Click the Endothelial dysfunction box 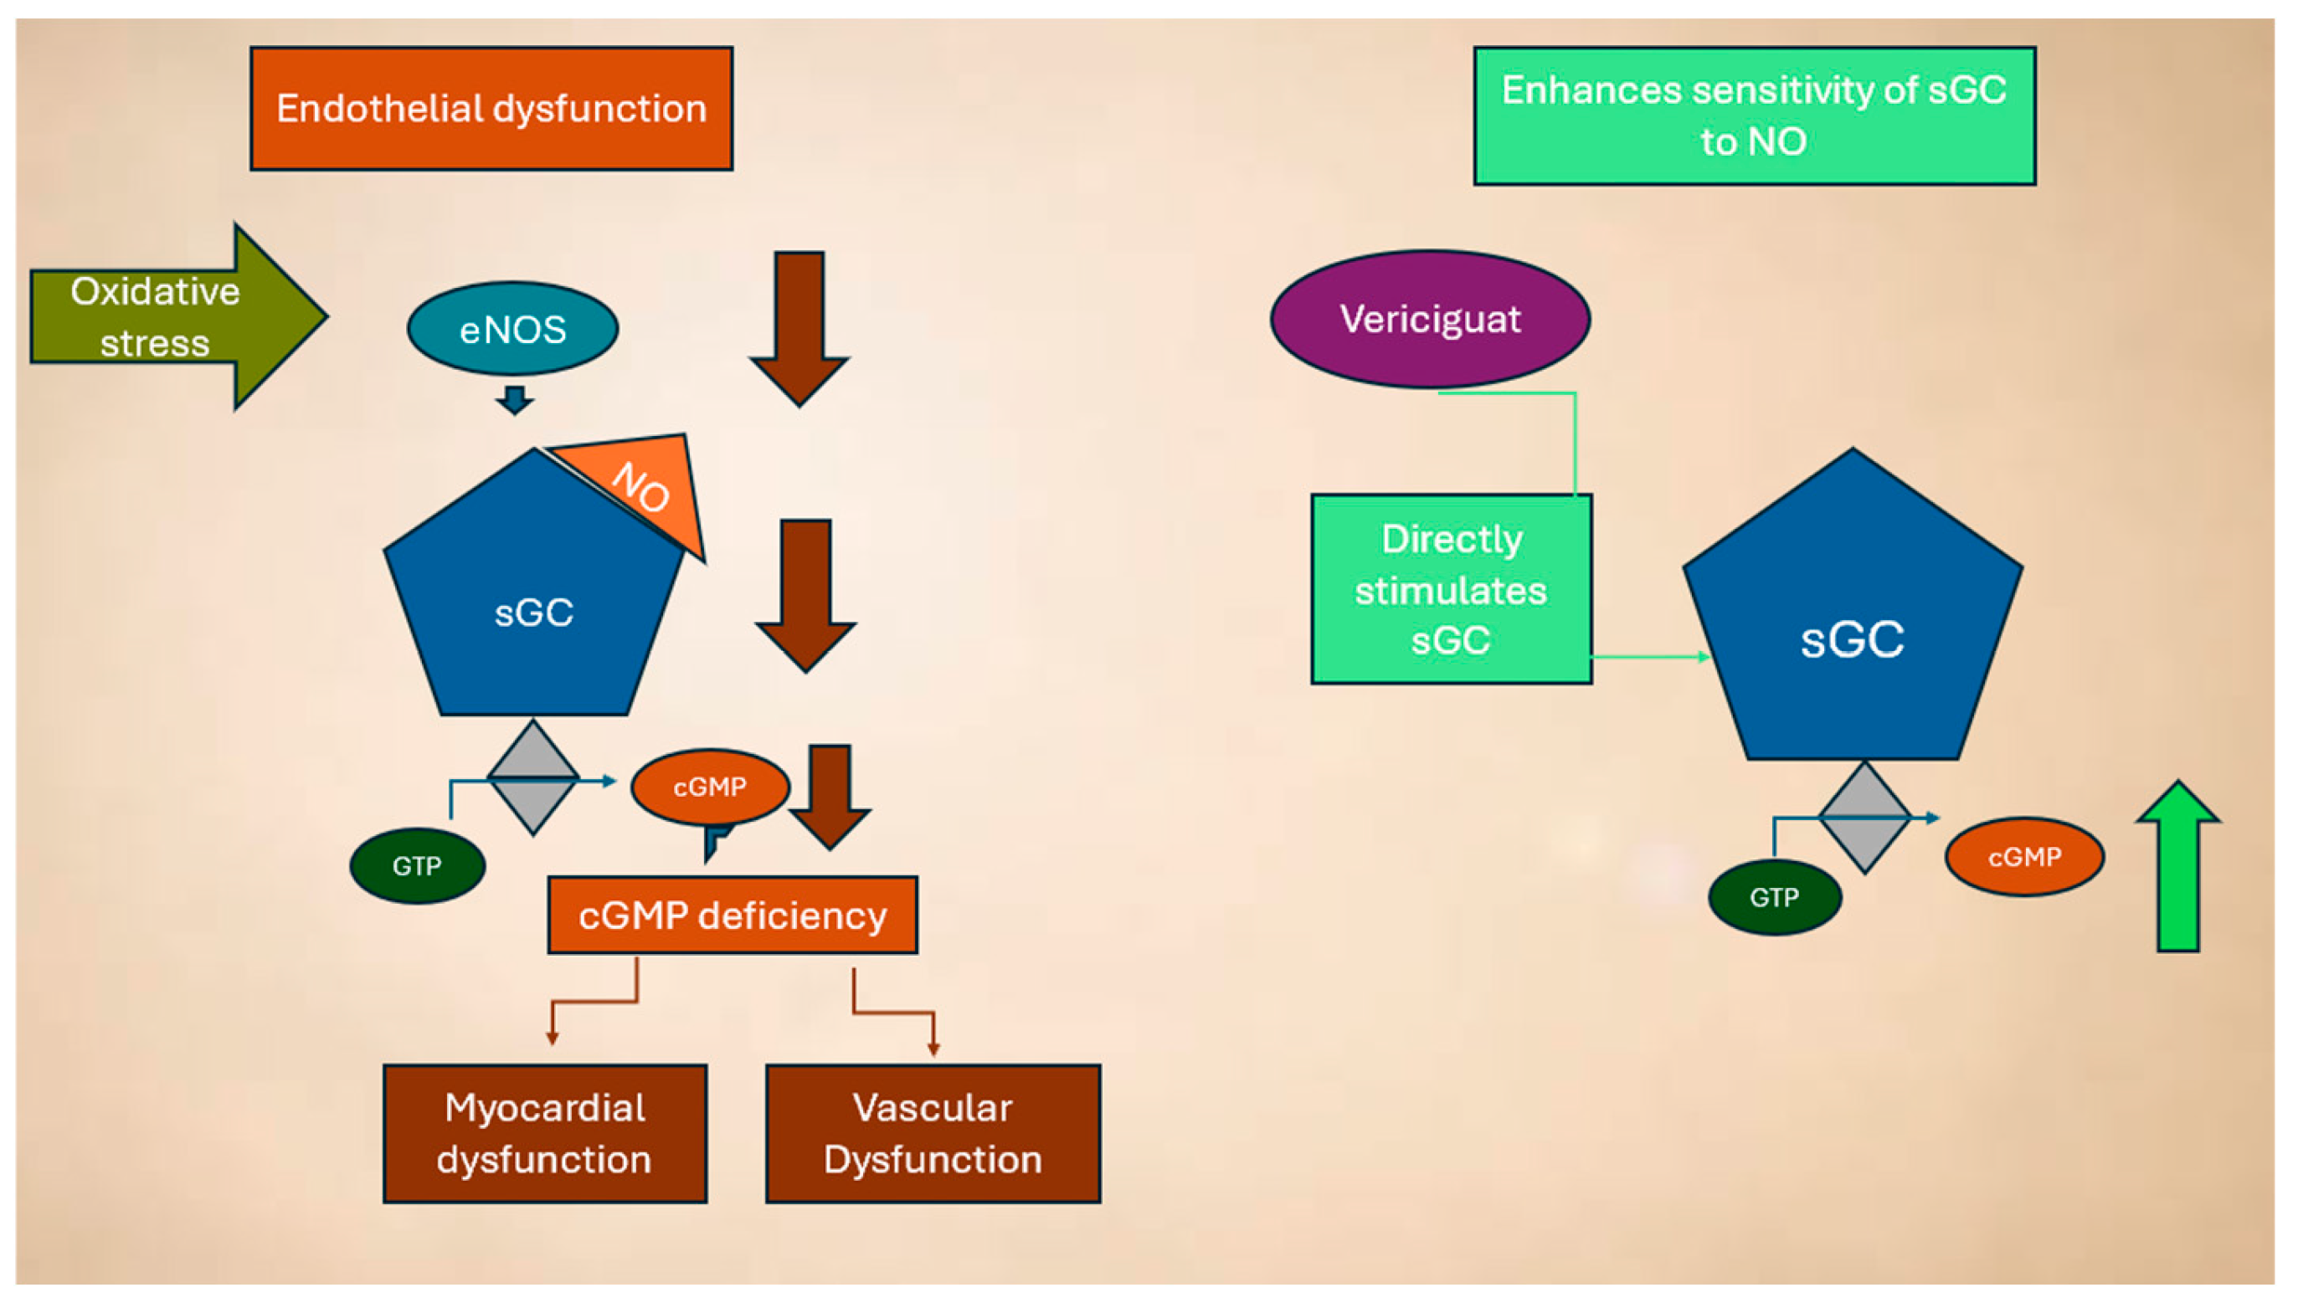tap(491, 109)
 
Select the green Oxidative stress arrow tap(171, 316)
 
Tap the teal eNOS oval tap(512, 329)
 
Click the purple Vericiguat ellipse tap(1429, 319)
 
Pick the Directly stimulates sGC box tap(1451, 589)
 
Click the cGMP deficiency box tap(732, 915)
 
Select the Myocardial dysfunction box tap(545, 1133)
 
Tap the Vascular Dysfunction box tap(932, 1133)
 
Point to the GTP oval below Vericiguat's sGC tap(1774, 896)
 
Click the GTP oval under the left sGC tap(417, 866)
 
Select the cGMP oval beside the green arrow tap(2024, 856)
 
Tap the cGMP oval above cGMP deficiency tap(709, 787)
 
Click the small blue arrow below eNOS tap(515, 400)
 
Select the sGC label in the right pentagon tap(1853, 639)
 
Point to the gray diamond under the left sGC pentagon tap(533, 778)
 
